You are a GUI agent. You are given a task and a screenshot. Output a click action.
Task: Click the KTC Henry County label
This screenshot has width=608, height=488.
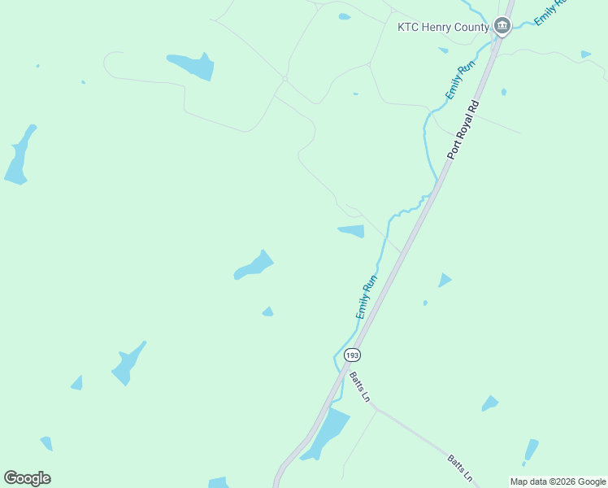[443, 27]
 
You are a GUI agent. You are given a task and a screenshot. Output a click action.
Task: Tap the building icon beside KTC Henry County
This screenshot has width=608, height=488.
[502, 27]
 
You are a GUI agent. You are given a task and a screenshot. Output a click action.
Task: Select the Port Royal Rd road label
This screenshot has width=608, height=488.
[464, 129]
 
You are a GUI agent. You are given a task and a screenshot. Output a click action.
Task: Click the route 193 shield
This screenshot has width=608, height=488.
[351, 355]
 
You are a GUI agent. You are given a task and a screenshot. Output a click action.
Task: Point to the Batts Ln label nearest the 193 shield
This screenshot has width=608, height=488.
[359, 386]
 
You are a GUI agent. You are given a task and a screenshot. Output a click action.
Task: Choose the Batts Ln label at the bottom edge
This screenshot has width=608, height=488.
[458, 470]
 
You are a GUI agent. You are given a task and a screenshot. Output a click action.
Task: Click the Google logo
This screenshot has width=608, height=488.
[27, 478]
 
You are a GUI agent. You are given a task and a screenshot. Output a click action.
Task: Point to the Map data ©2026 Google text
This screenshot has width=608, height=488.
[558, 481]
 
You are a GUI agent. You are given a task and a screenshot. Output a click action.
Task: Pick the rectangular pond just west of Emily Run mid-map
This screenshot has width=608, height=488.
[352, 231]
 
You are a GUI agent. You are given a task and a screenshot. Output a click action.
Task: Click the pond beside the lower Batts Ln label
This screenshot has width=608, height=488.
[531, 450]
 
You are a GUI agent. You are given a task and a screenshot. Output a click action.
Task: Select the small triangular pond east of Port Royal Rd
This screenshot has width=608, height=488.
[444, 280]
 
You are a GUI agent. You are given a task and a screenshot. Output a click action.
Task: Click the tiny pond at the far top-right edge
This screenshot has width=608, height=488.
[585, 54]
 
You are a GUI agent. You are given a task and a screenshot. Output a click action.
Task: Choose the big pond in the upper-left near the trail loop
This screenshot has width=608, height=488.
[192, 65]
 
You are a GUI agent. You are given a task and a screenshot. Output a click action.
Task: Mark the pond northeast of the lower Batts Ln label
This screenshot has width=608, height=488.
[489, 403]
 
